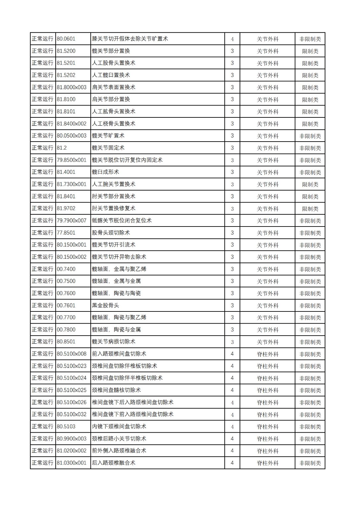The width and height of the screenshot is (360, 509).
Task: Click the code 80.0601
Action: (66, 39)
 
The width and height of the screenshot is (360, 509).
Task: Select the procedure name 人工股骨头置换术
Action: (114, 63)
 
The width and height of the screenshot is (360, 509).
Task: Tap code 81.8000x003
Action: (72, 87)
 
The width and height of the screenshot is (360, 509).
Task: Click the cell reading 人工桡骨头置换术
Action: (114, 123)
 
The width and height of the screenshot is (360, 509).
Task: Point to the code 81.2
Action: (62, 148)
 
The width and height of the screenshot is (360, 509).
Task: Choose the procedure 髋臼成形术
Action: (105, 172)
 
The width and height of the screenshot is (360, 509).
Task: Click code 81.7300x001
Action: (72, 184)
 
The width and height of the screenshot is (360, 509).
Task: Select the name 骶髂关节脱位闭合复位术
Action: (122, 220)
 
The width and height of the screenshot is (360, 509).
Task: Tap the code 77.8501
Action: (66, 233)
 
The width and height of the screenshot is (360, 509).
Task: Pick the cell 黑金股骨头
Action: (105, 305)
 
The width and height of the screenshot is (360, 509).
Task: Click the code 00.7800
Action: (66, 329)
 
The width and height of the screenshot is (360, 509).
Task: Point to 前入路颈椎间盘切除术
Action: (119, 353)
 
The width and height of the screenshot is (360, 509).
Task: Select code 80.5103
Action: (66, 426)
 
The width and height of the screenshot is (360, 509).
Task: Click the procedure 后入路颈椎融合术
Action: (114, 463)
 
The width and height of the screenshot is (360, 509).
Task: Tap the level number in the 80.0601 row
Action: (232, 39)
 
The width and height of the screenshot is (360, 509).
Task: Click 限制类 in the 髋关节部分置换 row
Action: (310, 51)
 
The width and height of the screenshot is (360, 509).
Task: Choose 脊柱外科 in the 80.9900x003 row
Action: (267, 439)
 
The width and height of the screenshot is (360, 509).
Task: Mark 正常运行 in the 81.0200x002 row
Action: (43, 450)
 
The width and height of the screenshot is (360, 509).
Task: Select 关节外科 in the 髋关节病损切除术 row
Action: (267, 342)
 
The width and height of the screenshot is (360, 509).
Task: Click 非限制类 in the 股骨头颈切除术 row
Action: (310, 233)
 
